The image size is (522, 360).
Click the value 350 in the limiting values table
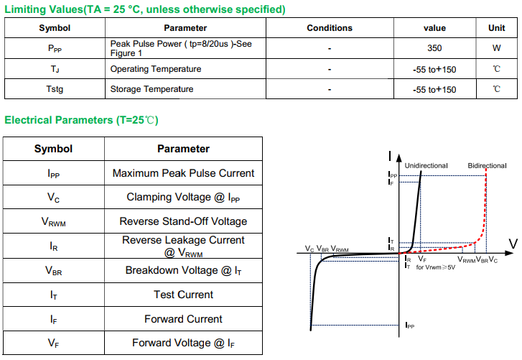click(x=434, y=49)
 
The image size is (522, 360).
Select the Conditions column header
click(x=329, y=28)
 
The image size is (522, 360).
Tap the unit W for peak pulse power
click(x=496, y=49)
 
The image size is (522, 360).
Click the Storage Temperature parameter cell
click(x=152, y=89)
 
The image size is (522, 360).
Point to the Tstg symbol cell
click(x=55, y=89)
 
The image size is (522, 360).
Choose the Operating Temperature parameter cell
click(x=155, y=69)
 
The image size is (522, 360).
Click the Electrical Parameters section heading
click(x=81, y=120)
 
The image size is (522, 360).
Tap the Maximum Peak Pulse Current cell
click(x=183, y=173)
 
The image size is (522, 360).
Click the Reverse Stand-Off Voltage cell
click(x=183, y=221)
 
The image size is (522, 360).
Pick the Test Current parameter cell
click(x=183, y=295)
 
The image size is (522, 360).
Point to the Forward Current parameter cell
click(x=183, y=319)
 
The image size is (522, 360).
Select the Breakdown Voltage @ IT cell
click(x=183, y=270)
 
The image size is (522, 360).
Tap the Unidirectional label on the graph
click(x=426, y=166)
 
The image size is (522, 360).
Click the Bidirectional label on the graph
click(x=487, y=166)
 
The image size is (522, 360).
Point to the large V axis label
click(x=513, y=244)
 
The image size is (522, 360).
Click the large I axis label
click(x=388, y=156)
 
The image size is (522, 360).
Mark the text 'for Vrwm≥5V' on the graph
click(x=436, y=267)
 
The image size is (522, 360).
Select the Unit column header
click(x=496, y=28)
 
